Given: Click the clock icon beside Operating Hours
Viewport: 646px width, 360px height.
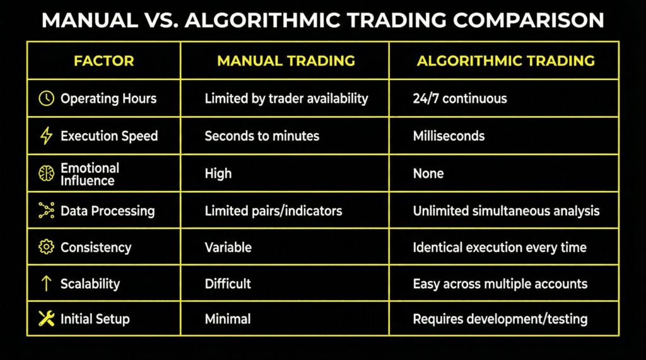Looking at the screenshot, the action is tap(46, 98).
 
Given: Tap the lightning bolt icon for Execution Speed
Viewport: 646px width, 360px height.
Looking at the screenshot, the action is tap(46, 136).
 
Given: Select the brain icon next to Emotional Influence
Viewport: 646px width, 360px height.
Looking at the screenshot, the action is tap(46, 173).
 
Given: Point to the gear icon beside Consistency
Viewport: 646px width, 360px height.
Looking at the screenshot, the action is tap(46, 247).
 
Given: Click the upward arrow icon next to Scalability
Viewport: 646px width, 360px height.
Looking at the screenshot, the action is tap(46, 283).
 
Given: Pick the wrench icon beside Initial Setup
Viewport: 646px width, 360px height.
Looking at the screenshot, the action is tap(46, 318).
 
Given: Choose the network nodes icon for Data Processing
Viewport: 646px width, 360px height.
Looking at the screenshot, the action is tap(46, 210).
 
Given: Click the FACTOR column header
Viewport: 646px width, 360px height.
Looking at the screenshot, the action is tap(104, 61).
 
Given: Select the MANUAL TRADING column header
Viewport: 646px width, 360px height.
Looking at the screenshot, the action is tap(286, 61).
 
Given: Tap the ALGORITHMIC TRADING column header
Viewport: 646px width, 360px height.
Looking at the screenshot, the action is tap(505, 61).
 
